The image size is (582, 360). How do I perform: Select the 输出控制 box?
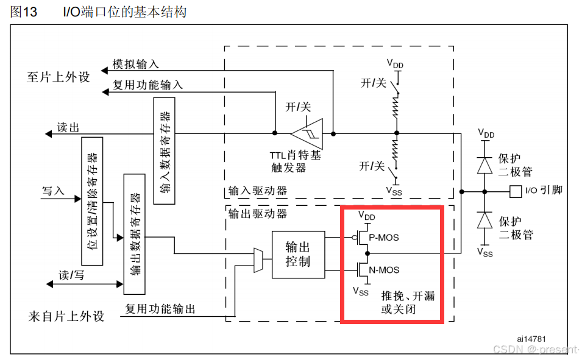tap(298, 255)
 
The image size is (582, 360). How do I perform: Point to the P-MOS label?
tap(384, 237)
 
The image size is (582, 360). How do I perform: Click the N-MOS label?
tap(384, 269)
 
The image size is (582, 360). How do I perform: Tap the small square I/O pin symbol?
tap(515, 191)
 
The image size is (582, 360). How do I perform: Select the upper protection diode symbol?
tap(485, 165)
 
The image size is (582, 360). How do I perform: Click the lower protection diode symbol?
tap(485, 220)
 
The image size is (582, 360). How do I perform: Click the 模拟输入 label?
tap(135, 65)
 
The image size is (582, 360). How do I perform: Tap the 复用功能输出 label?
tap(160, 309)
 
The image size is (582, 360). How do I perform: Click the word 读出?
tap(68, 127)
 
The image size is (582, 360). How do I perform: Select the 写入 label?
tap(53, 191)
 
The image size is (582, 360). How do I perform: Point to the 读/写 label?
tap(71, 275)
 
